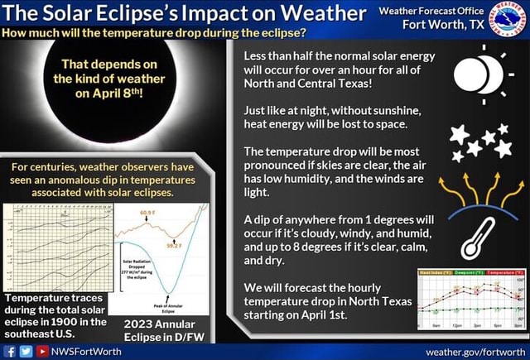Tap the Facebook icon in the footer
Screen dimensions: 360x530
tap(10, 351)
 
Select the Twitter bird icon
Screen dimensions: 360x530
tap(25, 351)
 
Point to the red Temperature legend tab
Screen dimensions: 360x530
tap(506, 271)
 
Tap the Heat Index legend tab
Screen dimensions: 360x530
tap(436, 271)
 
